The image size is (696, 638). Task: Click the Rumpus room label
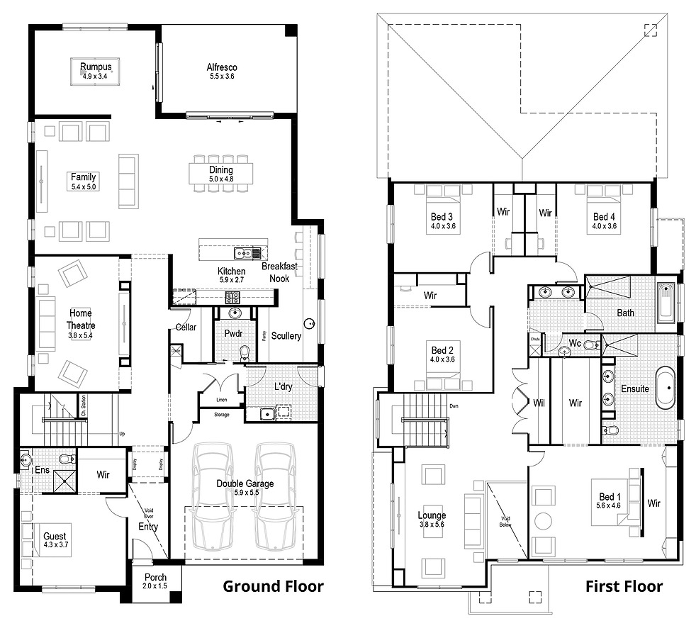click(x=96, y=67)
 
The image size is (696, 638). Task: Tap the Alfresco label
click(x=221, y=67)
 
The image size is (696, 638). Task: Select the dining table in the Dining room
click(x=220, y=174)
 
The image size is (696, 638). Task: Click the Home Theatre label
click(x=80, y=318)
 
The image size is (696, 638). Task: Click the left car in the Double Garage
click(x=213, y=496)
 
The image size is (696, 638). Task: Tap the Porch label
click(x=155, y=578)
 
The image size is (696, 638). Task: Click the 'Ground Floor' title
click(x=273, y=586)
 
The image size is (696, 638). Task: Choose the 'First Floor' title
click(x=624, y=586)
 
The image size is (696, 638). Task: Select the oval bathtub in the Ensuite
click(x=666, y=388)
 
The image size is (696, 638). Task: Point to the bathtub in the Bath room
click(x=666, y=303)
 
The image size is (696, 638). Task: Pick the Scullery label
click(x=286, y=336)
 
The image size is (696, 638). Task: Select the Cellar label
click(x=186, y=327)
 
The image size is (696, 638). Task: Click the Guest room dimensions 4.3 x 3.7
click(x=55, y=546)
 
